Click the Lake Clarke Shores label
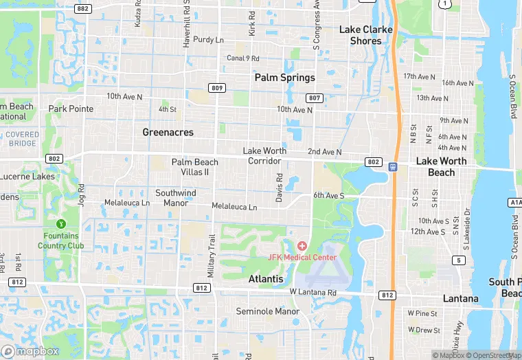point(366,35)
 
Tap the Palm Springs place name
point(284,78)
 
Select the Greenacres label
point(168,132)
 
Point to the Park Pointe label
point(71,109)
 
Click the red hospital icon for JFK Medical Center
point(302,246)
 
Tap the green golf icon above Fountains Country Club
point(61,223)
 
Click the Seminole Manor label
point(268,311)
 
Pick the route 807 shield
point(315,98)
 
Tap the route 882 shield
point(84,8)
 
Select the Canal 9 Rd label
point(244,58)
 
